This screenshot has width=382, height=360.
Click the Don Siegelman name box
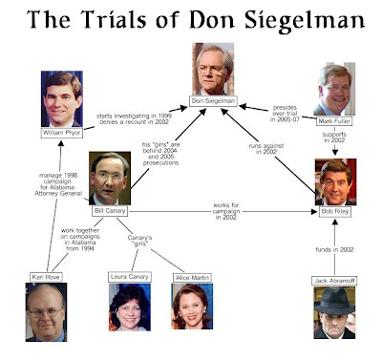coord(213,101)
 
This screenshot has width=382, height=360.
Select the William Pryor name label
coord(62,133)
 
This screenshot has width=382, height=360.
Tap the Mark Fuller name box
coord(334,121)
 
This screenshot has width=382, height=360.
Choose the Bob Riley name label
coord(335,211)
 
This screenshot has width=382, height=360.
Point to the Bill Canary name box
coord(110,211)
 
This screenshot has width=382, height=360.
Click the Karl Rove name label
coord(46,277)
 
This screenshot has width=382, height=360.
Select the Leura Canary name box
coord(130,277)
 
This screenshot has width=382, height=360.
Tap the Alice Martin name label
coord(192,278)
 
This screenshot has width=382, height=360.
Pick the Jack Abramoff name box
coord(334,281)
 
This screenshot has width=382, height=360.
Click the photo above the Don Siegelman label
coord(213,69)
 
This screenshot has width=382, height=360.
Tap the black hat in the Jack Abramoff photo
coord(334,302)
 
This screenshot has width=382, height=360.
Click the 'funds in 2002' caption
coord(334,249)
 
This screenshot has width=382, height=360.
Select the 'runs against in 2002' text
coord(266,149)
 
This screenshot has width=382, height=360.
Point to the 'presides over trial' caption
coord(285,110)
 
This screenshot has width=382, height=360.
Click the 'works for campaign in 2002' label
coord(225,211)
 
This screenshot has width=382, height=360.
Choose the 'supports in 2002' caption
coord(334,138)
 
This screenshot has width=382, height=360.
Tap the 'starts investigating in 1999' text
coord(134,116)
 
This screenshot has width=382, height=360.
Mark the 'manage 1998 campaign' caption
coord(58,179)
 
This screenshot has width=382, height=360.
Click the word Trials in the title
coord(116,20)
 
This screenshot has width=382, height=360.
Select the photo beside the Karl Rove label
coord(46,312)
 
